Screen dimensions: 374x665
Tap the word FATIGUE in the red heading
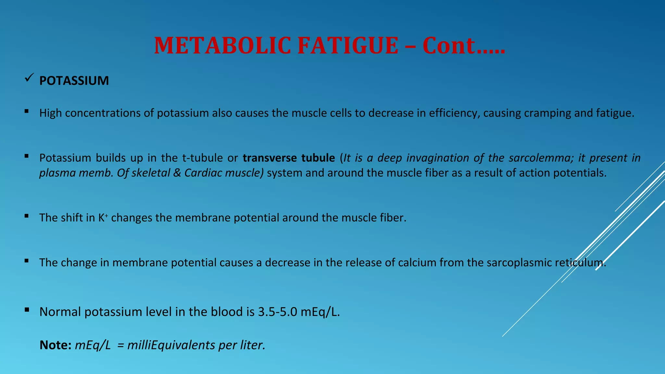348,45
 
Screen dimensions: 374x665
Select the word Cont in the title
449,45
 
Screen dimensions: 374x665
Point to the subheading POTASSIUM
74,81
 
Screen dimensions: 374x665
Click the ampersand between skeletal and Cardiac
177,173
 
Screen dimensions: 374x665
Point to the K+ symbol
103,218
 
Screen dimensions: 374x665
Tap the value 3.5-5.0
278,312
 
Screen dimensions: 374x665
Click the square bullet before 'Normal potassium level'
27,310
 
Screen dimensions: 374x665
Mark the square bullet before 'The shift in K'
27,216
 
